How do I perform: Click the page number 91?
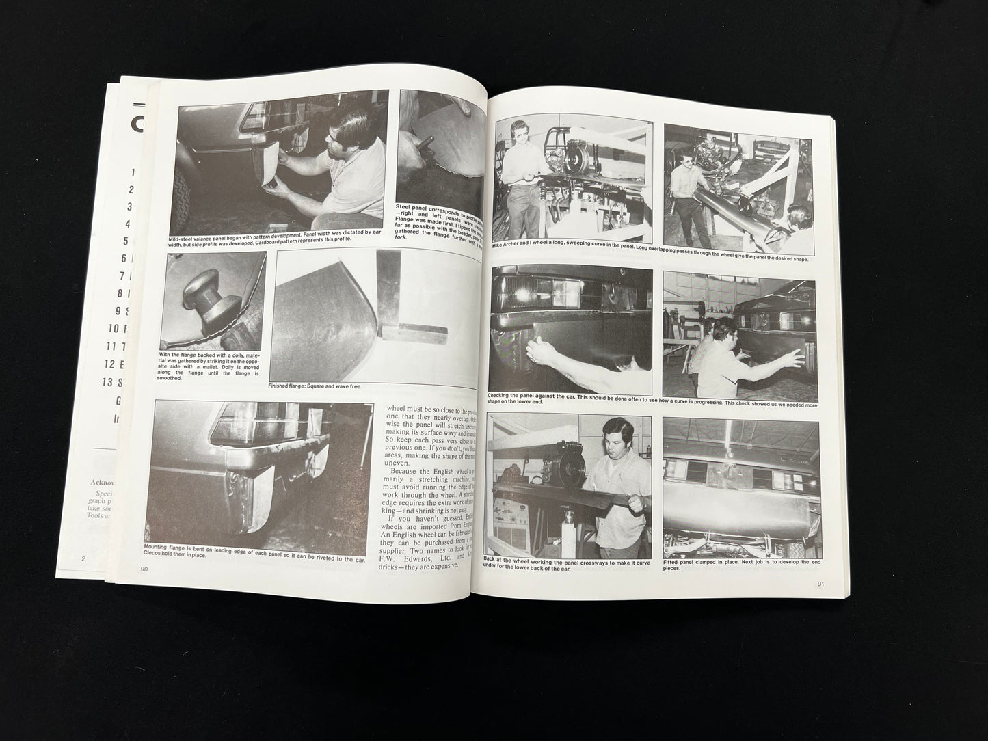(x=821, y=583)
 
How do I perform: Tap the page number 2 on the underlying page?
(x=83, y=558)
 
